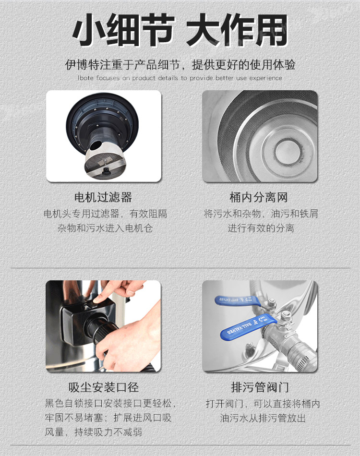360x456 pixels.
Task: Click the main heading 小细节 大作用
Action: pos(180,30)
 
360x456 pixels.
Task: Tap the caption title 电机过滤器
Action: pos(103,197)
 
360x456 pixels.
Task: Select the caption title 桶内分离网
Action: pos(259,197)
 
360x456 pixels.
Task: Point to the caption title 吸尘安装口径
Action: pos(104,387)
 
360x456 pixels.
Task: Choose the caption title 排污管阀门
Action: pos(260,387)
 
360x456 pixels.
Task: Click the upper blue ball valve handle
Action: pos(237,300)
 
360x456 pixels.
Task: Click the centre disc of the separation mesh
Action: pos(287,151)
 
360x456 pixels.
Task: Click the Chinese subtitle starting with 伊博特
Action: pos(180,65)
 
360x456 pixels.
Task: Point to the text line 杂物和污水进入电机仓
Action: pos(105,228)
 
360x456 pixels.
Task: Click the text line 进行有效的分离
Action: pos(261,228)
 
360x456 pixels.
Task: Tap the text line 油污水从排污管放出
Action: pos(263,418)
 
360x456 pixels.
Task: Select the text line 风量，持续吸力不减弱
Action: pos(93,432)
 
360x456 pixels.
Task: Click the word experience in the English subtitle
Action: pos(265,78)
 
